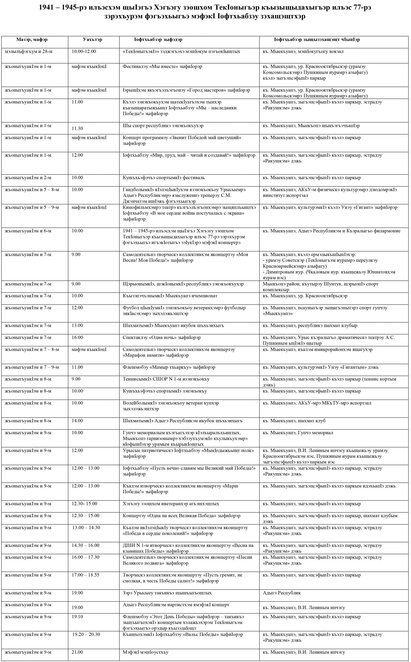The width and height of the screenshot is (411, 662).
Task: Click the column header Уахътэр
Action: tap(92, 40)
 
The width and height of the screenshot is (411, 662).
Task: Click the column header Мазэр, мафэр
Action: tap(32, 40)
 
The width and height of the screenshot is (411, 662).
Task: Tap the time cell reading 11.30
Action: tap(77, 129)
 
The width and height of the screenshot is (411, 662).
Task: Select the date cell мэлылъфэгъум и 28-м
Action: tap(28, 52)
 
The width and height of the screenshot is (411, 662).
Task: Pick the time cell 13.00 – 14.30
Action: tap(86, 528)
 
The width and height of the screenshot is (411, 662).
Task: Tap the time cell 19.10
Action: tap(77, 617)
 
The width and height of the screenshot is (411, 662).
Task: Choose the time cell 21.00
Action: tap(77, 652)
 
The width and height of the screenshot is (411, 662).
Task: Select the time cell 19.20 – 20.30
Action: tap(86, 634)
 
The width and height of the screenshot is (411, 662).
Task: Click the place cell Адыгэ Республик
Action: tap(282, 593)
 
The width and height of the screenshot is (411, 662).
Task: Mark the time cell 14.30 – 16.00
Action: tap(85, 545)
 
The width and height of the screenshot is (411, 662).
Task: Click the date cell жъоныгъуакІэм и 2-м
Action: tap(28, 178)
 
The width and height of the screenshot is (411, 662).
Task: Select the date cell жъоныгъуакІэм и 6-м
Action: tap(28, 231)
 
